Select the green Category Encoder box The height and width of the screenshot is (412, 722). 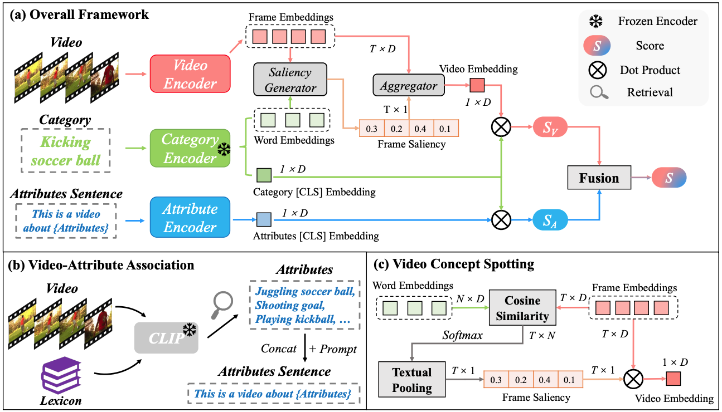(x=190, y=148)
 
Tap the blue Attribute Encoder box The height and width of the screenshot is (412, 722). (x=190, y=218)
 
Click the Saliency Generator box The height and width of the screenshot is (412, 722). (x=290, y=80)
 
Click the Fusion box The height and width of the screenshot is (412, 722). (x=599, y=178)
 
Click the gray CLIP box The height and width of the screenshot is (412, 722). (x=167, y=337)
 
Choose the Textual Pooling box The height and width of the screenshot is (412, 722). (x=411, y=380)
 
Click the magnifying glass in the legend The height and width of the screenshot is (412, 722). (x=599, y=92)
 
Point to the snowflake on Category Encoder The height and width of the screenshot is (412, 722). (x=223, y=150)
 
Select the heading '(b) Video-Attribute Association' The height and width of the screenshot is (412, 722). (x=103, y=266)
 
